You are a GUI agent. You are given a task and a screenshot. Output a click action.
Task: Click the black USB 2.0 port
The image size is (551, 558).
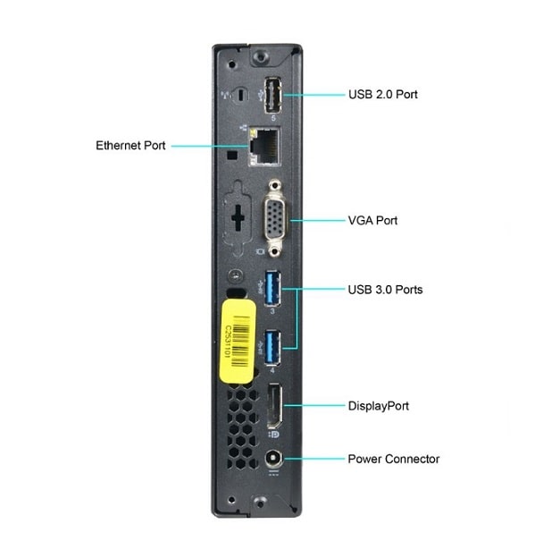tap(272, 94)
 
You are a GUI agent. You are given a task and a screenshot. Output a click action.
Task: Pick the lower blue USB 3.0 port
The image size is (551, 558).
tap(272, 347)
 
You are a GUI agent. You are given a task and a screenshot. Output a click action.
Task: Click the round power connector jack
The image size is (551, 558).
tap(272, 459)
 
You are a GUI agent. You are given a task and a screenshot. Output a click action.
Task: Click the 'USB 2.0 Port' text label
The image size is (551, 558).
tap(382, 94)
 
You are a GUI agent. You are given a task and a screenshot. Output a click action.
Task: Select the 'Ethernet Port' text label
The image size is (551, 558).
tap(130, 144)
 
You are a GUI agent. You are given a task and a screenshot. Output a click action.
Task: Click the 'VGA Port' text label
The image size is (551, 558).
tap(372, 220)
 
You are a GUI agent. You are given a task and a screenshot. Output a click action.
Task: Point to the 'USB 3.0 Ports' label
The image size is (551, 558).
tap(385, 290)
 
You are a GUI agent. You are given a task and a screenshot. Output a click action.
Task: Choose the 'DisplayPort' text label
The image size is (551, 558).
tap(378, 405)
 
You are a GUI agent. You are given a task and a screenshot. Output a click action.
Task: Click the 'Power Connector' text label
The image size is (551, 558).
tap(393, 459)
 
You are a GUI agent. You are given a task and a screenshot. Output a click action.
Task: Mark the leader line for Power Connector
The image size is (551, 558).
tap(313, 459)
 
